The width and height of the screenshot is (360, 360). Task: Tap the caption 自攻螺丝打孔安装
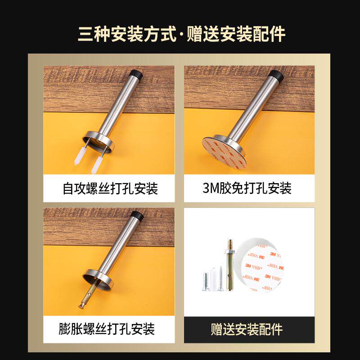pyautogui.click(x=110, y=188)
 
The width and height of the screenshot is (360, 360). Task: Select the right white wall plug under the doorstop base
pyautogui.click(x=96, y=164)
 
